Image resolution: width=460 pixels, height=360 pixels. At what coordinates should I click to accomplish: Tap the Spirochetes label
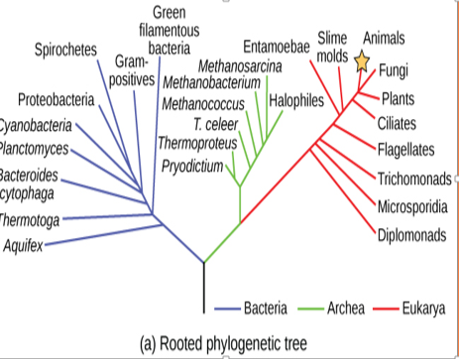coord(65,50)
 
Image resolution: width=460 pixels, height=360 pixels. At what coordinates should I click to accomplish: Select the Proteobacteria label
coord(56,100)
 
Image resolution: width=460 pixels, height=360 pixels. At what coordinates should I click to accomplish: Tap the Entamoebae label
coord(277,46)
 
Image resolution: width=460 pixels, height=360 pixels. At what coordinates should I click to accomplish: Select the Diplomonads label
coord(410,235)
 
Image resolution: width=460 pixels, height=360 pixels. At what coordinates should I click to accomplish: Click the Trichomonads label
coord(413,179)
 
